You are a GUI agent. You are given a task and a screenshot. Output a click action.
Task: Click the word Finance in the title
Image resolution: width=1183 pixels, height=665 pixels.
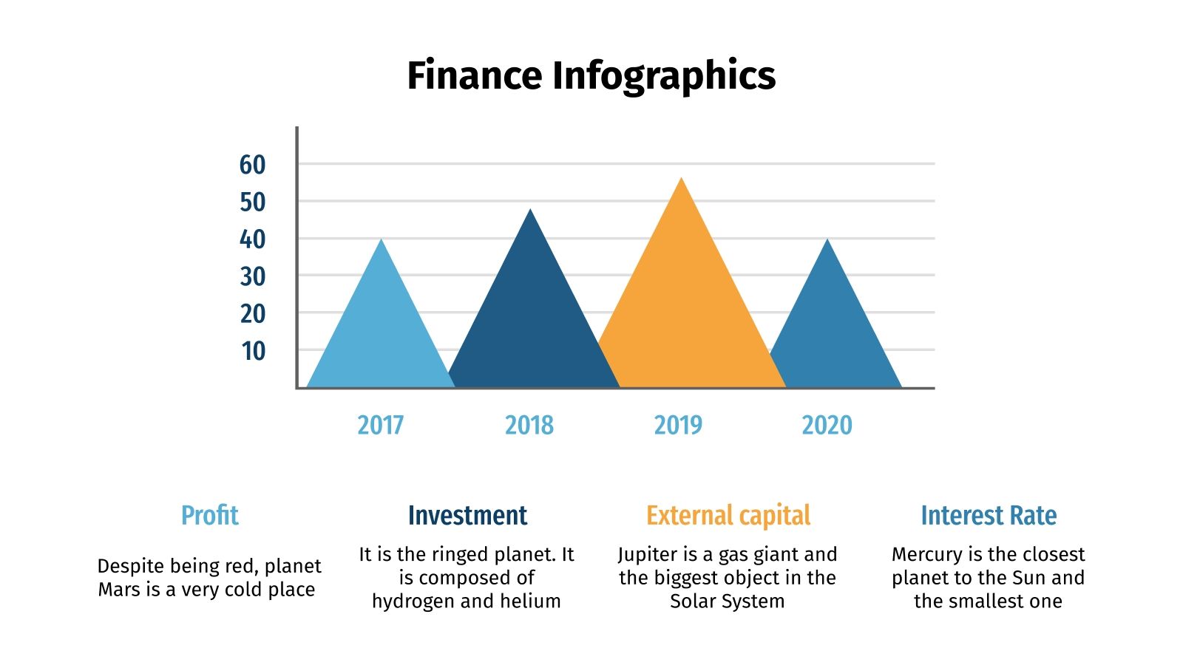click(x=474, y=75)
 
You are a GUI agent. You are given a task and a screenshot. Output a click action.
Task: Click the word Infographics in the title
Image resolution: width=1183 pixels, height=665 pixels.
click(x=664, y=77)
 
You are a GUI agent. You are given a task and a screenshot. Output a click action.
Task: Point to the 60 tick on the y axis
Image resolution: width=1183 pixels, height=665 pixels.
click(x=252, y=165)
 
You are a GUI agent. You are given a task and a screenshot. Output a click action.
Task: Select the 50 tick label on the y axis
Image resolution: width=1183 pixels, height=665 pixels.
click(x=252, y=202)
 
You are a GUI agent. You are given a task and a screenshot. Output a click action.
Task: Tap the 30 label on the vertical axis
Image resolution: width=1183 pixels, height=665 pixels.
click(x=252, y=277)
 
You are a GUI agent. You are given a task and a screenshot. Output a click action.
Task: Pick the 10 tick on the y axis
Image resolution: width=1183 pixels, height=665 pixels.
click(x=253, y=352)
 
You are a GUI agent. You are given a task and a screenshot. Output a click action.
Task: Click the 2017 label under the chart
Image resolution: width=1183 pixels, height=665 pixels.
click(x=380, y=425)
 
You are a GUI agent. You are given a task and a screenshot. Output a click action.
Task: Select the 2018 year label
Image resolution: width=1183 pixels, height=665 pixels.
click(x=529, y=425)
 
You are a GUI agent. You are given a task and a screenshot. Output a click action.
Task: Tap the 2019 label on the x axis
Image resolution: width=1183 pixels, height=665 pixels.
click(x=678, y=425)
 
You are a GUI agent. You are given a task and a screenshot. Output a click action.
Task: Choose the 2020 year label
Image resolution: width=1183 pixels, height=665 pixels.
click(x=827, y=425)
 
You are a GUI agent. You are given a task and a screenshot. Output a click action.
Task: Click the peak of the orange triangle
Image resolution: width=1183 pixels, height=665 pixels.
click(x=682, y=180)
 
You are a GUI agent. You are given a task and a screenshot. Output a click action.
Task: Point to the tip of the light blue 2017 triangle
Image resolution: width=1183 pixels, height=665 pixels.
click(x=382, y=240)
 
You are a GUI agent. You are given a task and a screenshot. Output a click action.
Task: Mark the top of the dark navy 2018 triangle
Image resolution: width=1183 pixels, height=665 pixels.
click(x=530, y=211)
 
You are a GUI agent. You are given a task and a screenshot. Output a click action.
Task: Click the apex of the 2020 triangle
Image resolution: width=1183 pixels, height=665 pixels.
click(x=827, y=240)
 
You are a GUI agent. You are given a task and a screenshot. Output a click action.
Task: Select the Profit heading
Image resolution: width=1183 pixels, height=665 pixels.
click(x=210, y=515)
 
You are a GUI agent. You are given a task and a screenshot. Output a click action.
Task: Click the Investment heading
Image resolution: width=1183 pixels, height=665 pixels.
click(x=467, y=515)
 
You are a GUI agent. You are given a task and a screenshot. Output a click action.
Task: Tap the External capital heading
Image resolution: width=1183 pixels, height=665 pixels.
click(x=728, y=515)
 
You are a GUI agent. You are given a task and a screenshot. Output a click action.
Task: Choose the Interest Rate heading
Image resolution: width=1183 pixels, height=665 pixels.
click(x=989, y=515)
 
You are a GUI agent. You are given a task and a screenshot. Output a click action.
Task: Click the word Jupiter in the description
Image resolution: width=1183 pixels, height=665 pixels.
click(x=648, y=555)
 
